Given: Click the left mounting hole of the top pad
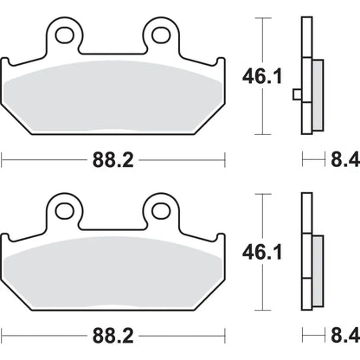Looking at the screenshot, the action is pyautogui.click(x=65, y=35).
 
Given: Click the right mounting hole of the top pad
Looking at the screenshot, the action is pyautogui.click(x=161, y=35).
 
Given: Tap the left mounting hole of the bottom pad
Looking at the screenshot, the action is pyautogui.click(x=65, y=211).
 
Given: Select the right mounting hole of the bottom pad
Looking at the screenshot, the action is pyautogui.click(x=161, y=211).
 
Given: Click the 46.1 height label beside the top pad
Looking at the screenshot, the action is pyautogui.click(x=262, y=76).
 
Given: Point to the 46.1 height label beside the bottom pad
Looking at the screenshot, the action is pyautogui.click(x=262, y=253).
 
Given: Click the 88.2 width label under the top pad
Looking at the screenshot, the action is pyautogui.click(x=113, y=160).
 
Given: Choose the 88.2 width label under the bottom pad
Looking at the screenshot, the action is pyautogui.click(x=113, y=336).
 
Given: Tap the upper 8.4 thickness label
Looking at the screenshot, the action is pyautogui.click(x=345, y=159).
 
